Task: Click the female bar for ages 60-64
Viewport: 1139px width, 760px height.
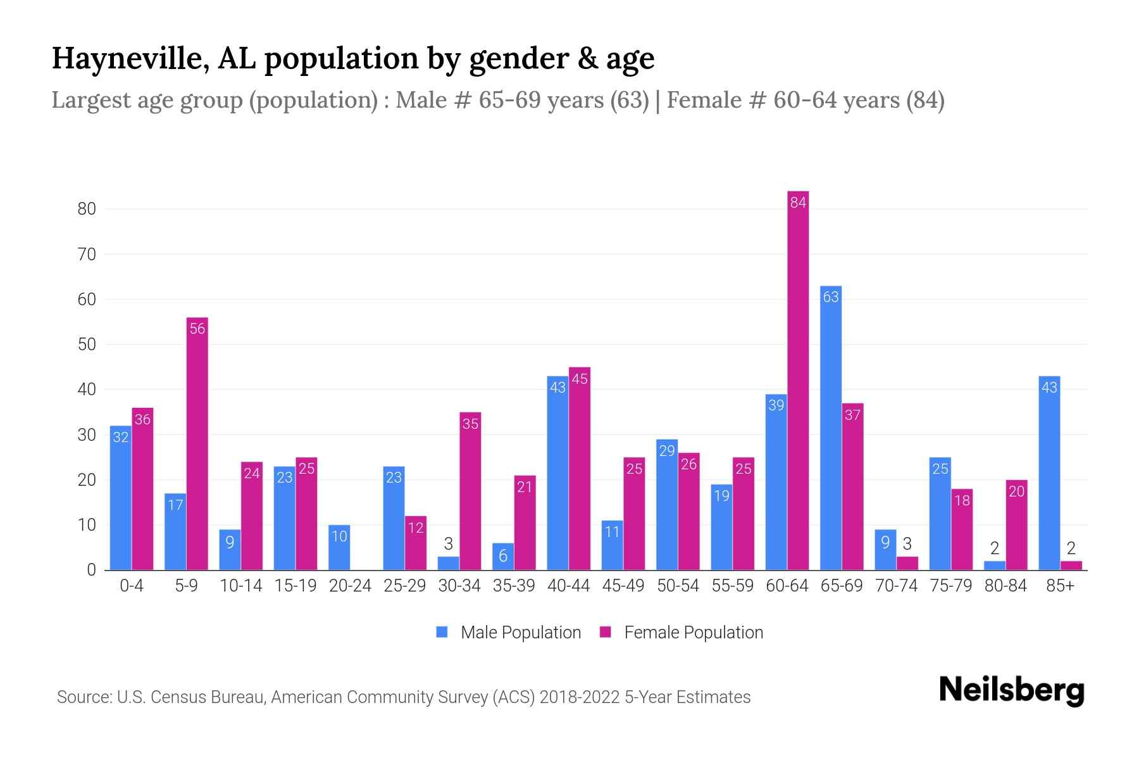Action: pos(798,380)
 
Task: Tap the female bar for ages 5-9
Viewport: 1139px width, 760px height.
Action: pos(197,443)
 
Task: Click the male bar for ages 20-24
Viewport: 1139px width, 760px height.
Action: pos(339,548)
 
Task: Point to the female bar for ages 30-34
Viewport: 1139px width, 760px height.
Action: pos(470,491)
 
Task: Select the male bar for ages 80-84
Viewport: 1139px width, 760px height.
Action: pos(995,566)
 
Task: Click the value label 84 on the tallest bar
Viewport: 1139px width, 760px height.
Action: pos(798,203)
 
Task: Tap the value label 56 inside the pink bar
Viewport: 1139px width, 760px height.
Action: pos(197,329)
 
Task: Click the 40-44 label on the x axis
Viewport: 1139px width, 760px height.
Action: pos(568,586)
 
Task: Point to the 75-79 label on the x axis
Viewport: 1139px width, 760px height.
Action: pos(950,586)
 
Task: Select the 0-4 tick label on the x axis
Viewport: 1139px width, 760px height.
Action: pos(132,586)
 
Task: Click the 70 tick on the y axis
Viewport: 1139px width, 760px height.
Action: pos(87,255)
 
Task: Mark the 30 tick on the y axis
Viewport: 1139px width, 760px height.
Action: pos(87,435)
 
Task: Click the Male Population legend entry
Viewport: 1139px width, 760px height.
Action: pos(509,633)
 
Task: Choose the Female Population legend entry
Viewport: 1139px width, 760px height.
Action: pos(682,633)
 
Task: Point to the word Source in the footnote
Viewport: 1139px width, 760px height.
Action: pos(84,697)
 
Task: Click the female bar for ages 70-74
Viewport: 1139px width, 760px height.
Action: pos(907,563)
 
